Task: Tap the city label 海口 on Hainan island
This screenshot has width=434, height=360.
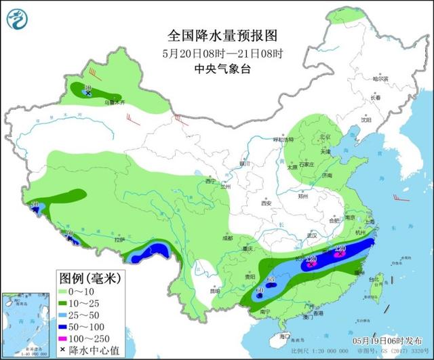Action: pyautogui.click(x=284, y=336)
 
